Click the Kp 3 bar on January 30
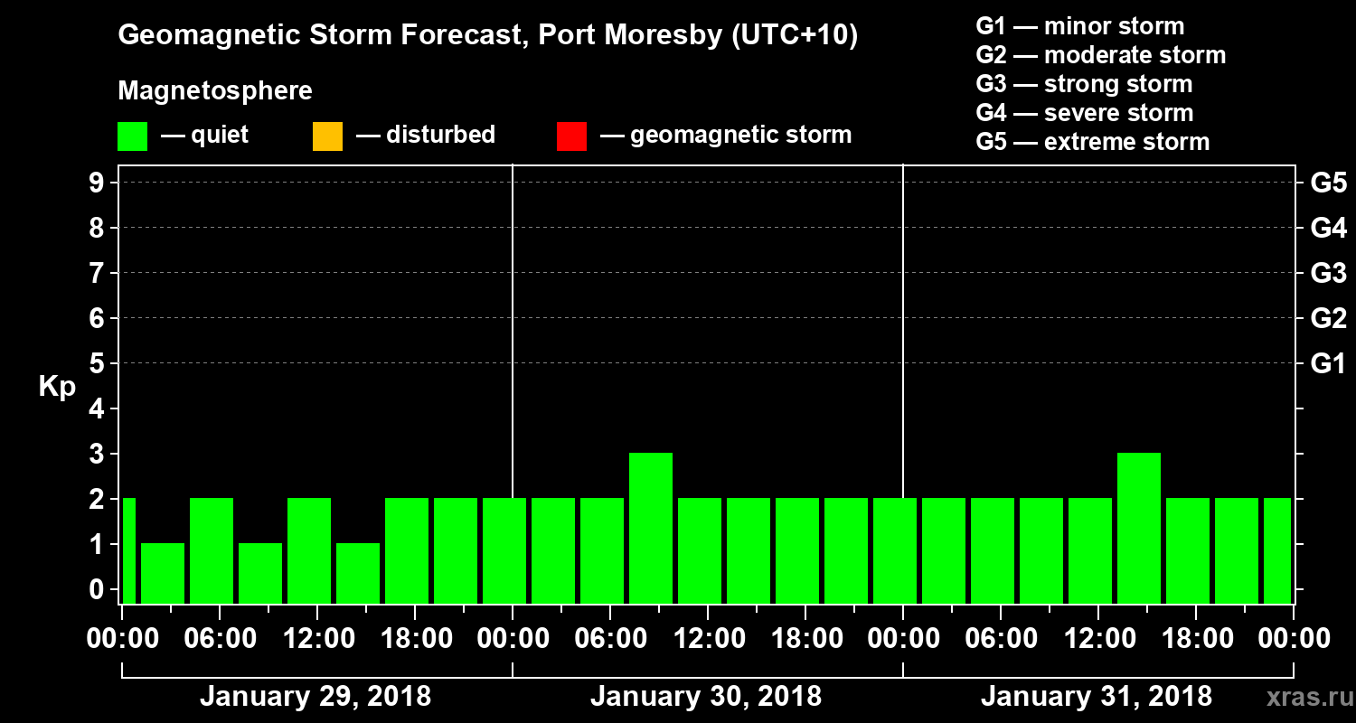651,528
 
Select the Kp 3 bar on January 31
1139,528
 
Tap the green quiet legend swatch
132,136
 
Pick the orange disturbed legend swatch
327,136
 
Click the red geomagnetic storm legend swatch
571,136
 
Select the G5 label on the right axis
1328,183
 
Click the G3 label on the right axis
1328,274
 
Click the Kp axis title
57,388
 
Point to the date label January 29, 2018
315,697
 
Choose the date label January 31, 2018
1096,697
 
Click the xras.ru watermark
1303,698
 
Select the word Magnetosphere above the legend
215,91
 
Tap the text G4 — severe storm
1085,113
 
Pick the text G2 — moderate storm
1101,55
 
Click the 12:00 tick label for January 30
708,639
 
